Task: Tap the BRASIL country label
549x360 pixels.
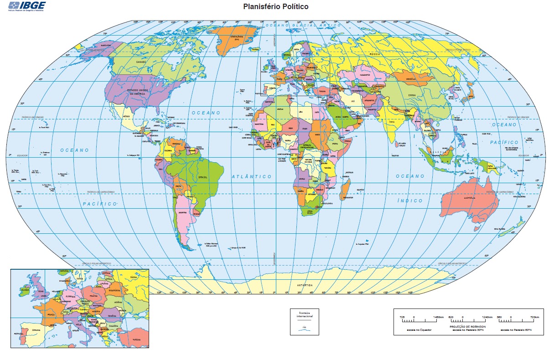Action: click(202, 177)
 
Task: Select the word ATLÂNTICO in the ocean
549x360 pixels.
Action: click(251, 176)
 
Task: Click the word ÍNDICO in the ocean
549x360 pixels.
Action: click(409, 201)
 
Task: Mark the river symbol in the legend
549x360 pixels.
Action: click(304, 330)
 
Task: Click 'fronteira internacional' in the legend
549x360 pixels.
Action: click(305, 314)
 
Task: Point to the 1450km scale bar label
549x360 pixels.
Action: click(438, 317)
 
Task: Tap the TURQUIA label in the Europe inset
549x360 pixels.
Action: click(136, 340)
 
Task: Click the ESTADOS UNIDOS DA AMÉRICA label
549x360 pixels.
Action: click(139, 92)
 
